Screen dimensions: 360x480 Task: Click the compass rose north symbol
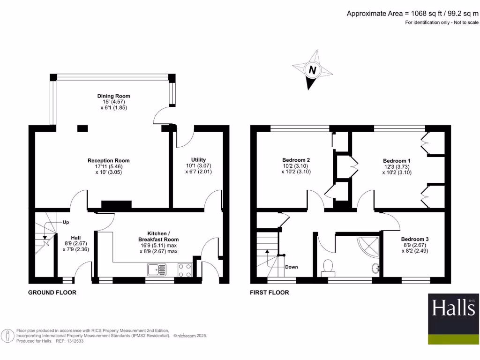(x=312, y=71)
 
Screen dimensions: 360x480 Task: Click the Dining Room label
(x=113, y=96)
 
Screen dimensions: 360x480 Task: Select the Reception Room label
(x=109, y=161)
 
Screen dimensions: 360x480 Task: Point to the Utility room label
(x=198, y=160)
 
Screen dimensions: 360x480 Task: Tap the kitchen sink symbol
(x=156, y=270)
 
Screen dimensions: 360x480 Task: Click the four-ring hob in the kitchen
(x=184, y=270)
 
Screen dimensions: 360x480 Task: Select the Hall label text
(x=75, y=237)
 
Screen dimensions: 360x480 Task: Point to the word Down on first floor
(x=291, y=267)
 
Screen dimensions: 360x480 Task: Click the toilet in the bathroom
(x=328, y=267)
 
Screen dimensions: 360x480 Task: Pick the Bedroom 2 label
(x=296, y=160)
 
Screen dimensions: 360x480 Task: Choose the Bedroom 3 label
(x=414, y=239)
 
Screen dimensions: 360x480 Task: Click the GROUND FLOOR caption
(x=52, y=292)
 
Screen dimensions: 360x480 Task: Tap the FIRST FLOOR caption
(x=270, y=292)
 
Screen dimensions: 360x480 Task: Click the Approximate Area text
(x=412, y=14)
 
